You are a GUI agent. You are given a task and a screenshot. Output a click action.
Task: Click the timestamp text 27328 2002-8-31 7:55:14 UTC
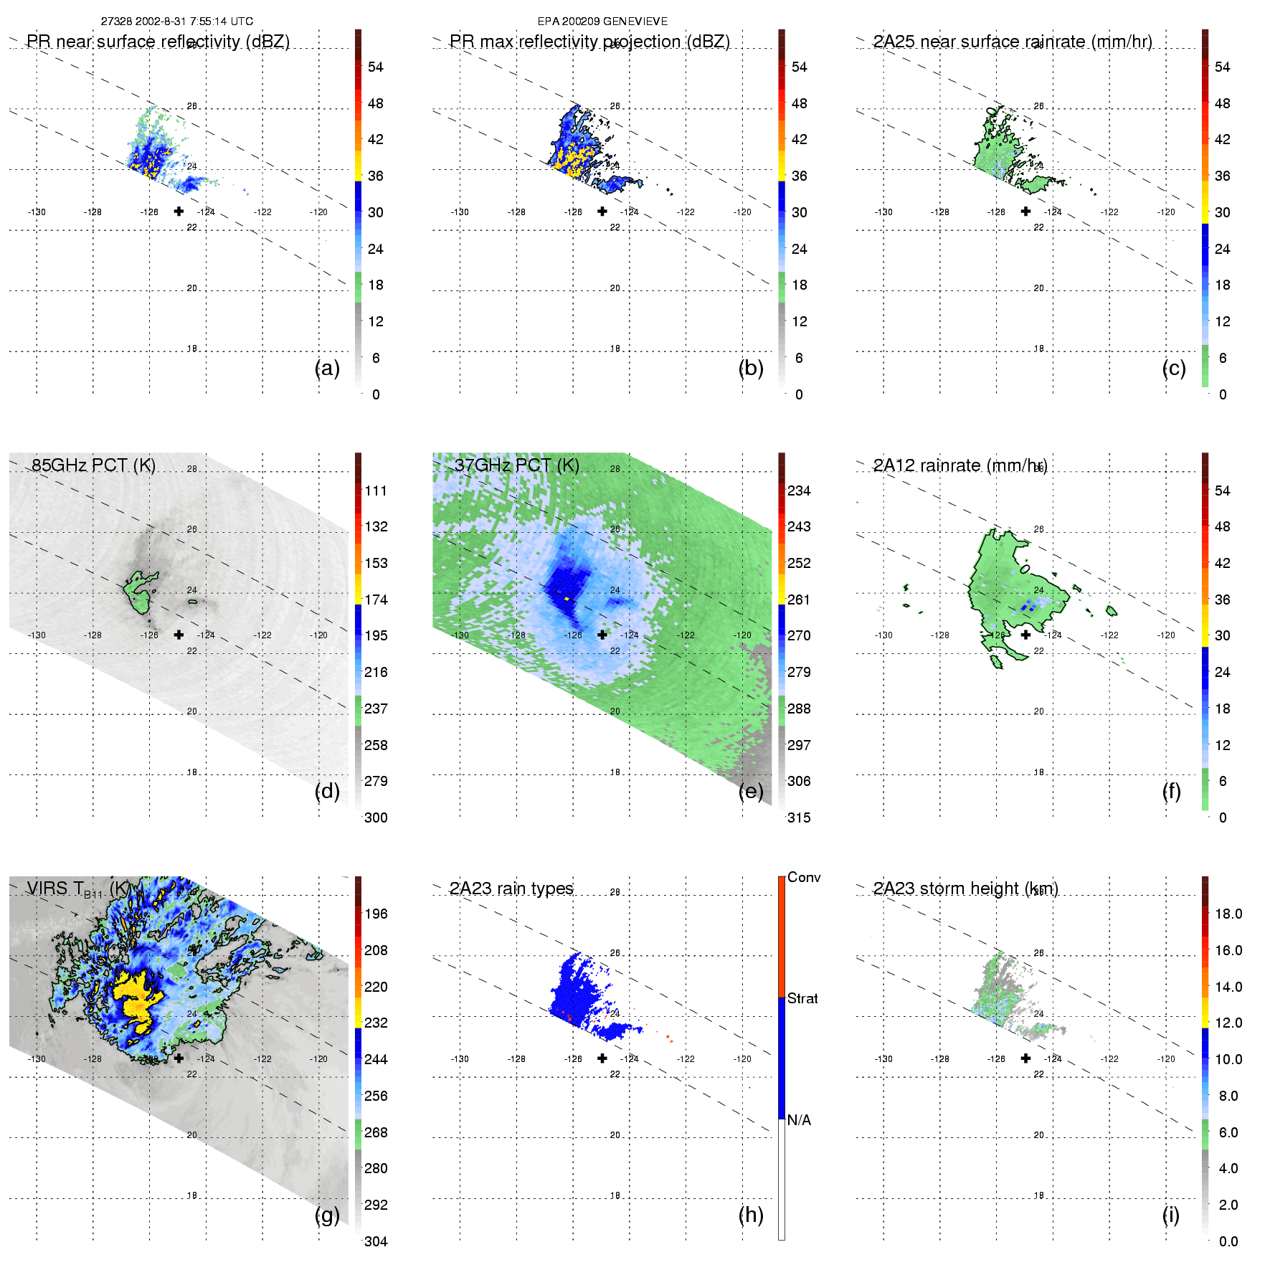coord(176,22)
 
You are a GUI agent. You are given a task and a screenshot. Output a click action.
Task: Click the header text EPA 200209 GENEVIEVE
coord(602,22)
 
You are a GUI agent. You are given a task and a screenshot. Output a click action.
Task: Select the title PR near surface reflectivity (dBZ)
coord(158,42)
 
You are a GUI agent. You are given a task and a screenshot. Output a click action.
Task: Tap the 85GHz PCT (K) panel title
coord(93,465)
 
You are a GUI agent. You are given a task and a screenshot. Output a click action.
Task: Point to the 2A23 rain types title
coord(511,888)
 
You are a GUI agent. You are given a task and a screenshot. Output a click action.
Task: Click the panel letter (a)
coord(327,368)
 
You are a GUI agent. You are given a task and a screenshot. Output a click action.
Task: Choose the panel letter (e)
coord(751,791)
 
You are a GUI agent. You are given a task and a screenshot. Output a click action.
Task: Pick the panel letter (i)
coord(1170,1215)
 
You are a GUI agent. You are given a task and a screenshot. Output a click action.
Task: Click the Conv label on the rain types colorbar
coord(804,877)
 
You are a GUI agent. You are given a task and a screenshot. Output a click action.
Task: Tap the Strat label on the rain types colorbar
coord(802,998)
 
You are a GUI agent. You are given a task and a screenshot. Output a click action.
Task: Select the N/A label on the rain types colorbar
coord(799,1120)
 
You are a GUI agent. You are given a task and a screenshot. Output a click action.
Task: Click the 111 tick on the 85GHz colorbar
coord(376,491)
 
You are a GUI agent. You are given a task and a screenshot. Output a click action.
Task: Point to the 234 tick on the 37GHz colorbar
coord(799,491)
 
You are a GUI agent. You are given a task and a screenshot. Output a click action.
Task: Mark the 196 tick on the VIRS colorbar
coord(376,914)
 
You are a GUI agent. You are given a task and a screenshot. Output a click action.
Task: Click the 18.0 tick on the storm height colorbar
coord(1228,914)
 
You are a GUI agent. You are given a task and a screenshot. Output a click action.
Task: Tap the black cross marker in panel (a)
coord(179,211)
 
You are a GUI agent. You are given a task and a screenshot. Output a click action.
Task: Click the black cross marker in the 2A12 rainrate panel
coord(1025,635)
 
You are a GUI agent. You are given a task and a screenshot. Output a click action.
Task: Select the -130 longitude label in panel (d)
coord(37,635)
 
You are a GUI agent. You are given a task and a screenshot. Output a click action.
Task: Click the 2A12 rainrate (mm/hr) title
coord(960,465)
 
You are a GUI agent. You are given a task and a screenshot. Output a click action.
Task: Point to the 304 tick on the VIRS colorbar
coord(376,1241)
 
